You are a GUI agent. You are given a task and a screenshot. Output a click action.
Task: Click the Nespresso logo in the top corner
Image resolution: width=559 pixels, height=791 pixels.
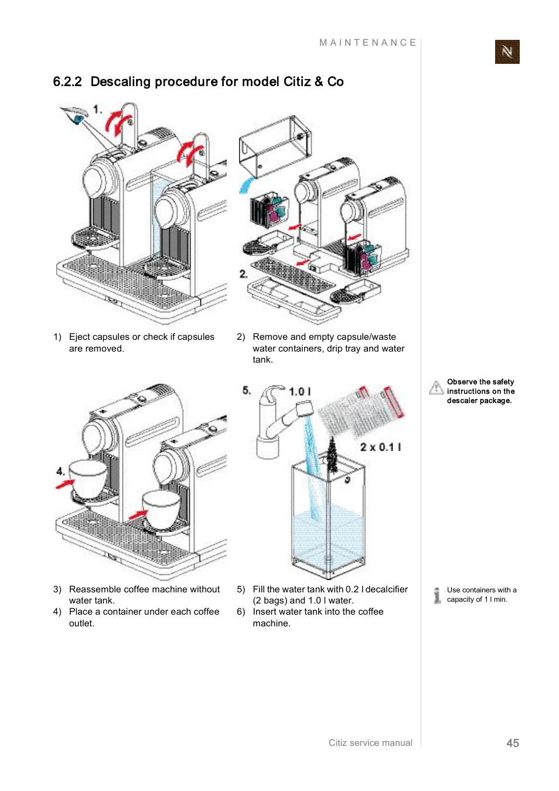507,52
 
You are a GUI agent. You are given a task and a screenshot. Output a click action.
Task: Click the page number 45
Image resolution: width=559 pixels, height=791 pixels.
513,743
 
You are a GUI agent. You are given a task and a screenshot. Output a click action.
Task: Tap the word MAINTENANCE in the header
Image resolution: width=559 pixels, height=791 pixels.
367,43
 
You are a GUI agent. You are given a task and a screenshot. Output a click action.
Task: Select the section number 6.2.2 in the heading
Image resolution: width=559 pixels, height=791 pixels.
67,82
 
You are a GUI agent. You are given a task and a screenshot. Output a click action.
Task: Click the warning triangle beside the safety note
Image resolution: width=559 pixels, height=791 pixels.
436,388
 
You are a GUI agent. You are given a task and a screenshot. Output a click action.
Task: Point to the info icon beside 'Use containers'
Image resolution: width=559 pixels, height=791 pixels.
437,595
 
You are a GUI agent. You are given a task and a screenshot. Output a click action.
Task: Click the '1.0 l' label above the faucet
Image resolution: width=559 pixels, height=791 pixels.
300,391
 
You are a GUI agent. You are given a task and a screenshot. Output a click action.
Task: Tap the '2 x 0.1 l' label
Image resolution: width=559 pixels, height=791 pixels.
380,447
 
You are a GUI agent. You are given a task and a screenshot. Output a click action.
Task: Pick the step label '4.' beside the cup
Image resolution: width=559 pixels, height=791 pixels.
60,471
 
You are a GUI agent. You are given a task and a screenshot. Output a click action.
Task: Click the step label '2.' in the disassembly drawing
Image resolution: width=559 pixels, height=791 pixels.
243,274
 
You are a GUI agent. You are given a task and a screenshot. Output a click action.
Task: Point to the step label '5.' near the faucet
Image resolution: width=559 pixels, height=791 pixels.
246,390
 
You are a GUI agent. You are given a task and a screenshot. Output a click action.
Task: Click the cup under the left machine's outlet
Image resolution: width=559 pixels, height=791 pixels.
88,479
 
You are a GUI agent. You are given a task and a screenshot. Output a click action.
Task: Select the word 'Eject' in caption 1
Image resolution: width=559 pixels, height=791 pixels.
80,337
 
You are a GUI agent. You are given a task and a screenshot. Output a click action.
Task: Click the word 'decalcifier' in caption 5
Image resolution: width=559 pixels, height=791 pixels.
386,589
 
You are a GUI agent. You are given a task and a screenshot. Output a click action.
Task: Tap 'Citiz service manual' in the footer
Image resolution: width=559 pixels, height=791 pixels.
370,743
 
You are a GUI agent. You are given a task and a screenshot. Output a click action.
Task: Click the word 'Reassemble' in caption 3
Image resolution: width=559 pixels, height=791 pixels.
96,589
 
